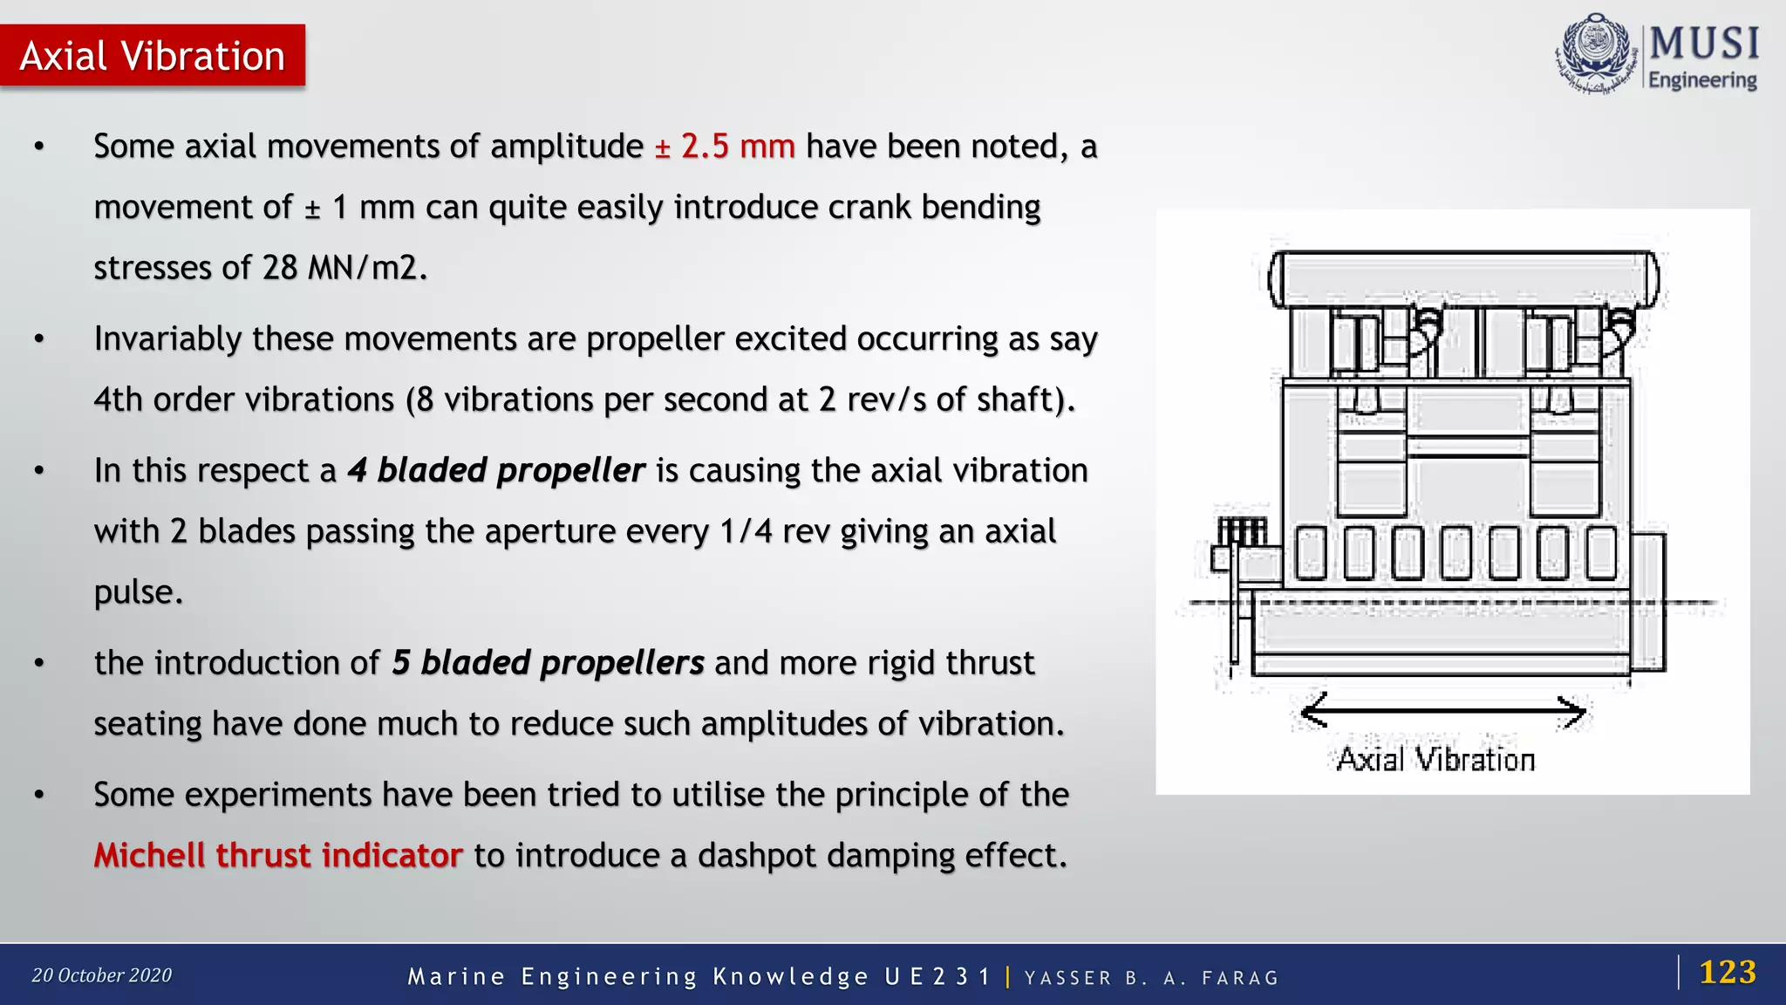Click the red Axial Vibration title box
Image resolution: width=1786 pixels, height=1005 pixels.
tap(153, 56)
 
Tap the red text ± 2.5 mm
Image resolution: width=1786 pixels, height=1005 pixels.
tap(725, 147)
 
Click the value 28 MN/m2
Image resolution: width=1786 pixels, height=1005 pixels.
tap(341, 268)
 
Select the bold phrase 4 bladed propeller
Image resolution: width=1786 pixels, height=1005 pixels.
tap(495, 470)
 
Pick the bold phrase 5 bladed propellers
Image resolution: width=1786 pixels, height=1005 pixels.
tap(547, 663)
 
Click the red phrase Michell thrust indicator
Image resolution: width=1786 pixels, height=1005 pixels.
tap(277, 856)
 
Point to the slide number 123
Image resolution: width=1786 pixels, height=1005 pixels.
tap(1727, 972)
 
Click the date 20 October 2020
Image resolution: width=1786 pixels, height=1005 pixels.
tap(102, 975)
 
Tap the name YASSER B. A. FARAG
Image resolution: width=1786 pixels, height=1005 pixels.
tap(1151, 978)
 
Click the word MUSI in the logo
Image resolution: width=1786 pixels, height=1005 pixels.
tap(1704, 44)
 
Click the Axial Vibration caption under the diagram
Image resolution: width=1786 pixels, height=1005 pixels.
tap(1435, 760)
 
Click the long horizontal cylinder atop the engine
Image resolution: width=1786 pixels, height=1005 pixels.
tap(1463, 279)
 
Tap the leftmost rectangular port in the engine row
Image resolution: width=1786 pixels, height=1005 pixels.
tap(1311, 553)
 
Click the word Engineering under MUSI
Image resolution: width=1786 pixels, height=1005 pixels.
tap(1702, 80)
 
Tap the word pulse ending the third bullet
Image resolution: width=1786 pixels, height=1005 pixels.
tap(137, 592)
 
